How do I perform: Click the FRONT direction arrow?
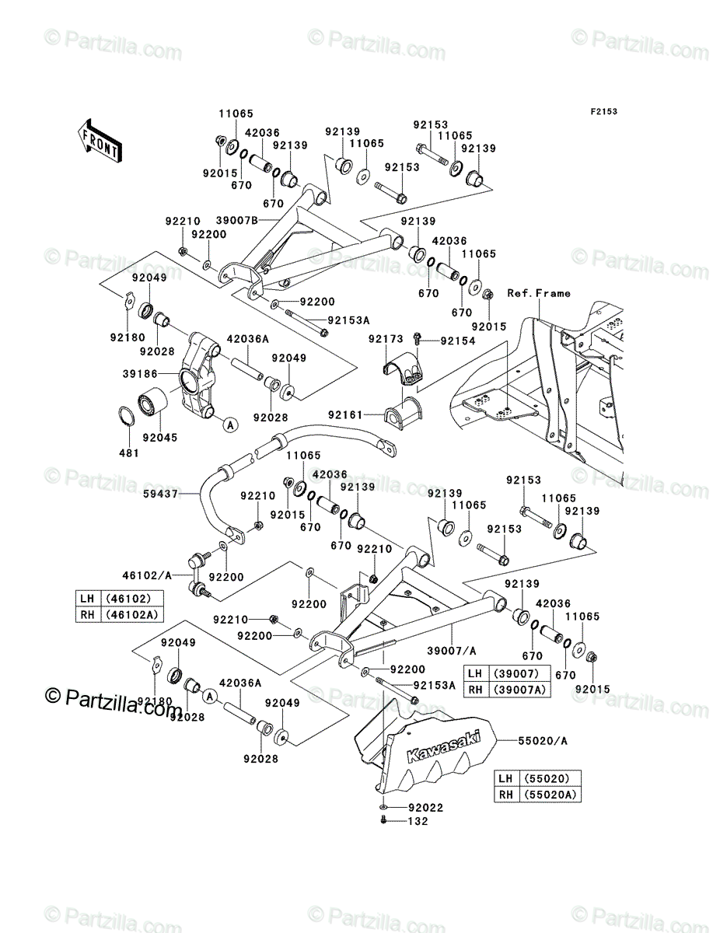click(100, 140)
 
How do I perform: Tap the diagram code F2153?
click(604, 112)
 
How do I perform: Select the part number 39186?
click(140, 374)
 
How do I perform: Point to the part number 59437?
click(160, 494)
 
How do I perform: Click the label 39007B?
click(237, 221)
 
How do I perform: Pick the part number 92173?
click(386, 339)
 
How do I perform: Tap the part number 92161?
click(345, 414)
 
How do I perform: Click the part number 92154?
click(458, 341)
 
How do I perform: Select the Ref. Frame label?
click(539, 293)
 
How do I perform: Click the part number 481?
click(129, 453)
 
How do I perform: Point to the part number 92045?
click(160, 438)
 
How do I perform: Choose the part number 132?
click(418, 821)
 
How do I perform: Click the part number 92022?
click(426, 807)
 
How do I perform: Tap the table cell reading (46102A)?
click(132, 615)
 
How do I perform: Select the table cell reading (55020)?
click(550, 778)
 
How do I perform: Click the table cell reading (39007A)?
click(519, 690)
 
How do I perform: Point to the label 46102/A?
click(147, 575)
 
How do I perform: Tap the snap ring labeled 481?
click(126, 416)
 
